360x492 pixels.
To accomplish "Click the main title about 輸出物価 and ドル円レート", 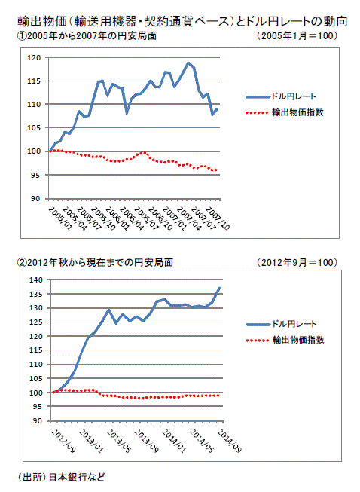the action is [x=182, y=21].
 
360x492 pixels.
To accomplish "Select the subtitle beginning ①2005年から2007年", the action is [x=87, y=36].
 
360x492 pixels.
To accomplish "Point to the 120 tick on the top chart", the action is [x=34, y=58].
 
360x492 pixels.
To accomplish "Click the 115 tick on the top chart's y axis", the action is [x=34, y=81].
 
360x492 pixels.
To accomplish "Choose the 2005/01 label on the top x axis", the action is [x=60, y=219].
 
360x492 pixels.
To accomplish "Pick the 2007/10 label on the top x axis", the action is [x=218, y=219].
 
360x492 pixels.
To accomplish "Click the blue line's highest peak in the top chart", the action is [x=188, y=63].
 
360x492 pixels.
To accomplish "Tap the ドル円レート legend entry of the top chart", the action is [x=281, y=96].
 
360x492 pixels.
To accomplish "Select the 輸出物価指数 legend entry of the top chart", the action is [x=285, y=112].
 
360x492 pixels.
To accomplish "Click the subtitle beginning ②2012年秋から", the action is [x=95, y=263].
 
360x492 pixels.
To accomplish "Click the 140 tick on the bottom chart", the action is [x=35, y=280].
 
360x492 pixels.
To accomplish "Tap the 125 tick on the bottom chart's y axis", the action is [x=35, y=322].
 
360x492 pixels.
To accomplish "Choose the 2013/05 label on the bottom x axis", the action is [x=118, y=441].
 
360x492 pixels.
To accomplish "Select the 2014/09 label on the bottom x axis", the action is [x=229, y=441].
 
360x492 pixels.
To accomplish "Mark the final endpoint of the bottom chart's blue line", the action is [x=219, y=288].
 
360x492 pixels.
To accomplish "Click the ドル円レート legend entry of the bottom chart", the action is [x=282, y=324].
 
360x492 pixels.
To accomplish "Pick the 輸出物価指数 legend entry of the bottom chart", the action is [x=285, y=340].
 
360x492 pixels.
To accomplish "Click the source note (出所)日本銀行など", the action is [x=61, y=477].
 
